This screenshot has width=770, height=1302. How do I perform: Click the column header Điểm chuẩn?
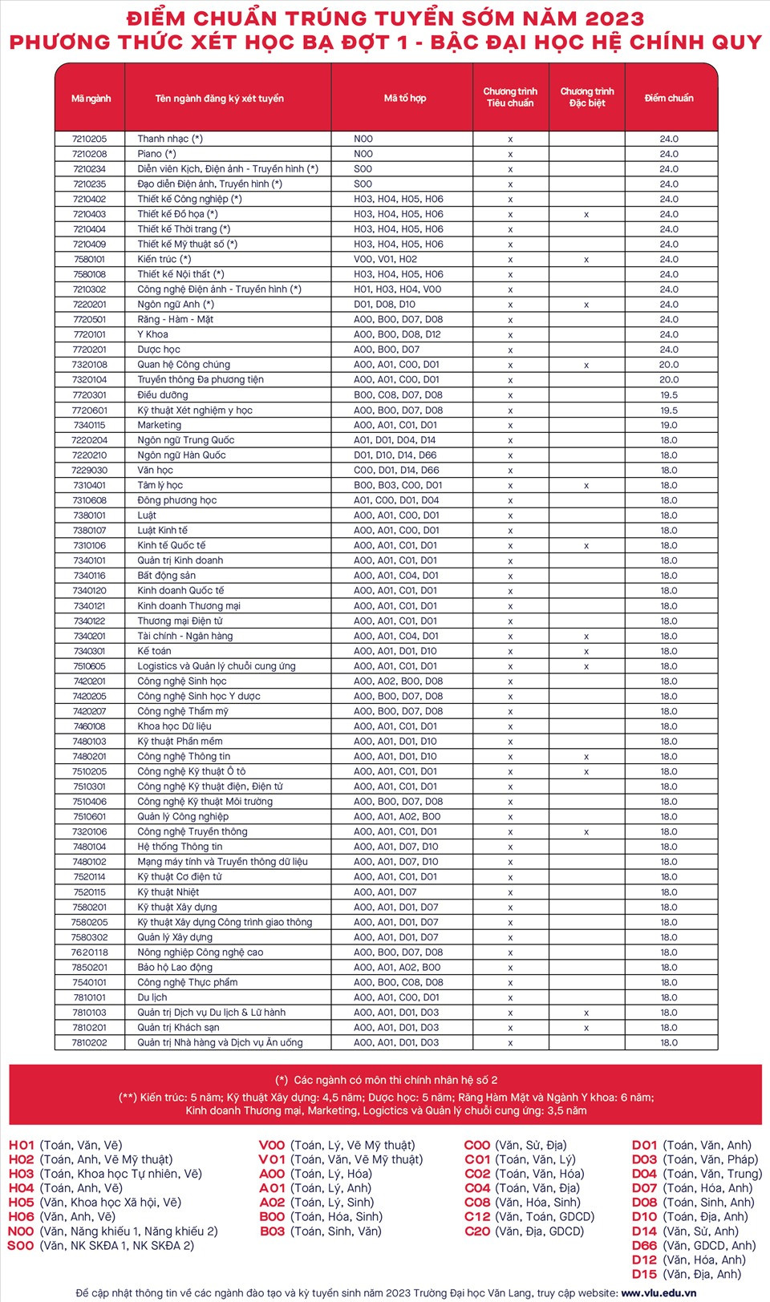coord(668,98)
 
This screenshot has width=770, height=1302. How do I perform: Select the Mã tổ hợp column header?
coord(405,98)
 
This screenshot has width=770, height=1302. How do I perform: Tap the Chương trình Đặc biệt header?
coord(587,97)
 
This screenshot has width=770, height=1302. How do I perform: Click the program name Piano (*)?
coord(156,154)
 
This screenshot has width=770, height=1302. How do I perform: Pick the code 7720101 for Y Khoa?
coord(89,334)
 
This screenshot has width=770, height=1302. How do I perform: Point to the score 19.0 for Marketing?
coord(668,425)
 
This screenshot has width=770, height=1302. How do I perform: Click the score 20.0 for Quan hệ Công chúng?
coord(668,365)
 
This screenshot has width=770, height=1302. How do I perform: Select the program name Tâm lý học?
coord(160,485)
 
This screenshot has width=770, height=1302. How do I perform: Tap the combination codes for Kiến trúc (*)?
coord(385,259)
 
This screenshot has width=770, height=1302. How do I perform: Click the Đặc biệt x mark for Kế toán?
coord(586,651)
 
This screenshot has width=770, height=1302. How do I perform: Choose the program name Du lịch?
coord(152,997)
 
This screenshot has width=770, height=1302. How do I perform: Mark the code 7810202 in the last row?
coord(89,1042)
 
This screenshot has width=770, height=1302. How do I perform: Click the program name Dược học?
coord(159,350)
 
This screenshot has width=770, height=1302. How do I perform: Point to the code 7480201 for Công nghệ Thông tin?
coord(89,756)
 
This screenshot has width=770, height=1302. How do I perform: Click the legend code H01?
coord(21,1145)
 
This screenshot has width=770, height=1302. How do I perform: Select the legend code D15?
coord(644,1274)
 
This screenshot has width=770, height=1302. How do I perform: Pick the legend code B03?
coord(273,1231)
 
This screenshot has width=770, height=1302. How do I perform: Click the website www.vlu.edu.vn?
coord(659,1292)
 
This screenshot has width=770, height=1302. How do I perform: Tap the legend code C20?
coord(477,1231)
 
